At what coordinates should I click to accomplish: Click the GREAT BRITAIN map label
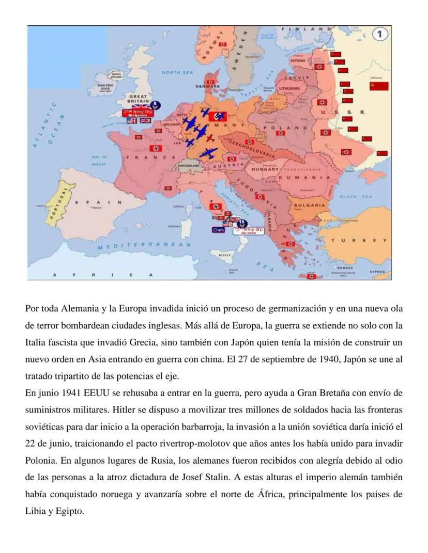pyautogui.click(x=138, y=99)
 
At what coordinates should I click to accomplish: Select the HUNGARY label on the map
pyautogui.click(x=265, y=169)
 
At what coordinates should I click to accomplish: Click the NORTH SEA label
pyautogui.click(x=177, y=73)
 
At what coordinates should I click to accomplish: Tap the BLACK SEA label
pyautogui.click(x=357, y=196)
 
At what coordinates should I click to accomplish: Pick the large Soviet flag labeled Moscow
pyautogui.click(x=378, y=86)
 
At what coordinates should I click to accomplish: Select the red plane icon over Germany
pyautogui.click(x=209, y=138)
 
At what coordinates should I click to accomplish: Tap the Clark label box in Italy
pyautogui.click(x=218, y=229)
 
